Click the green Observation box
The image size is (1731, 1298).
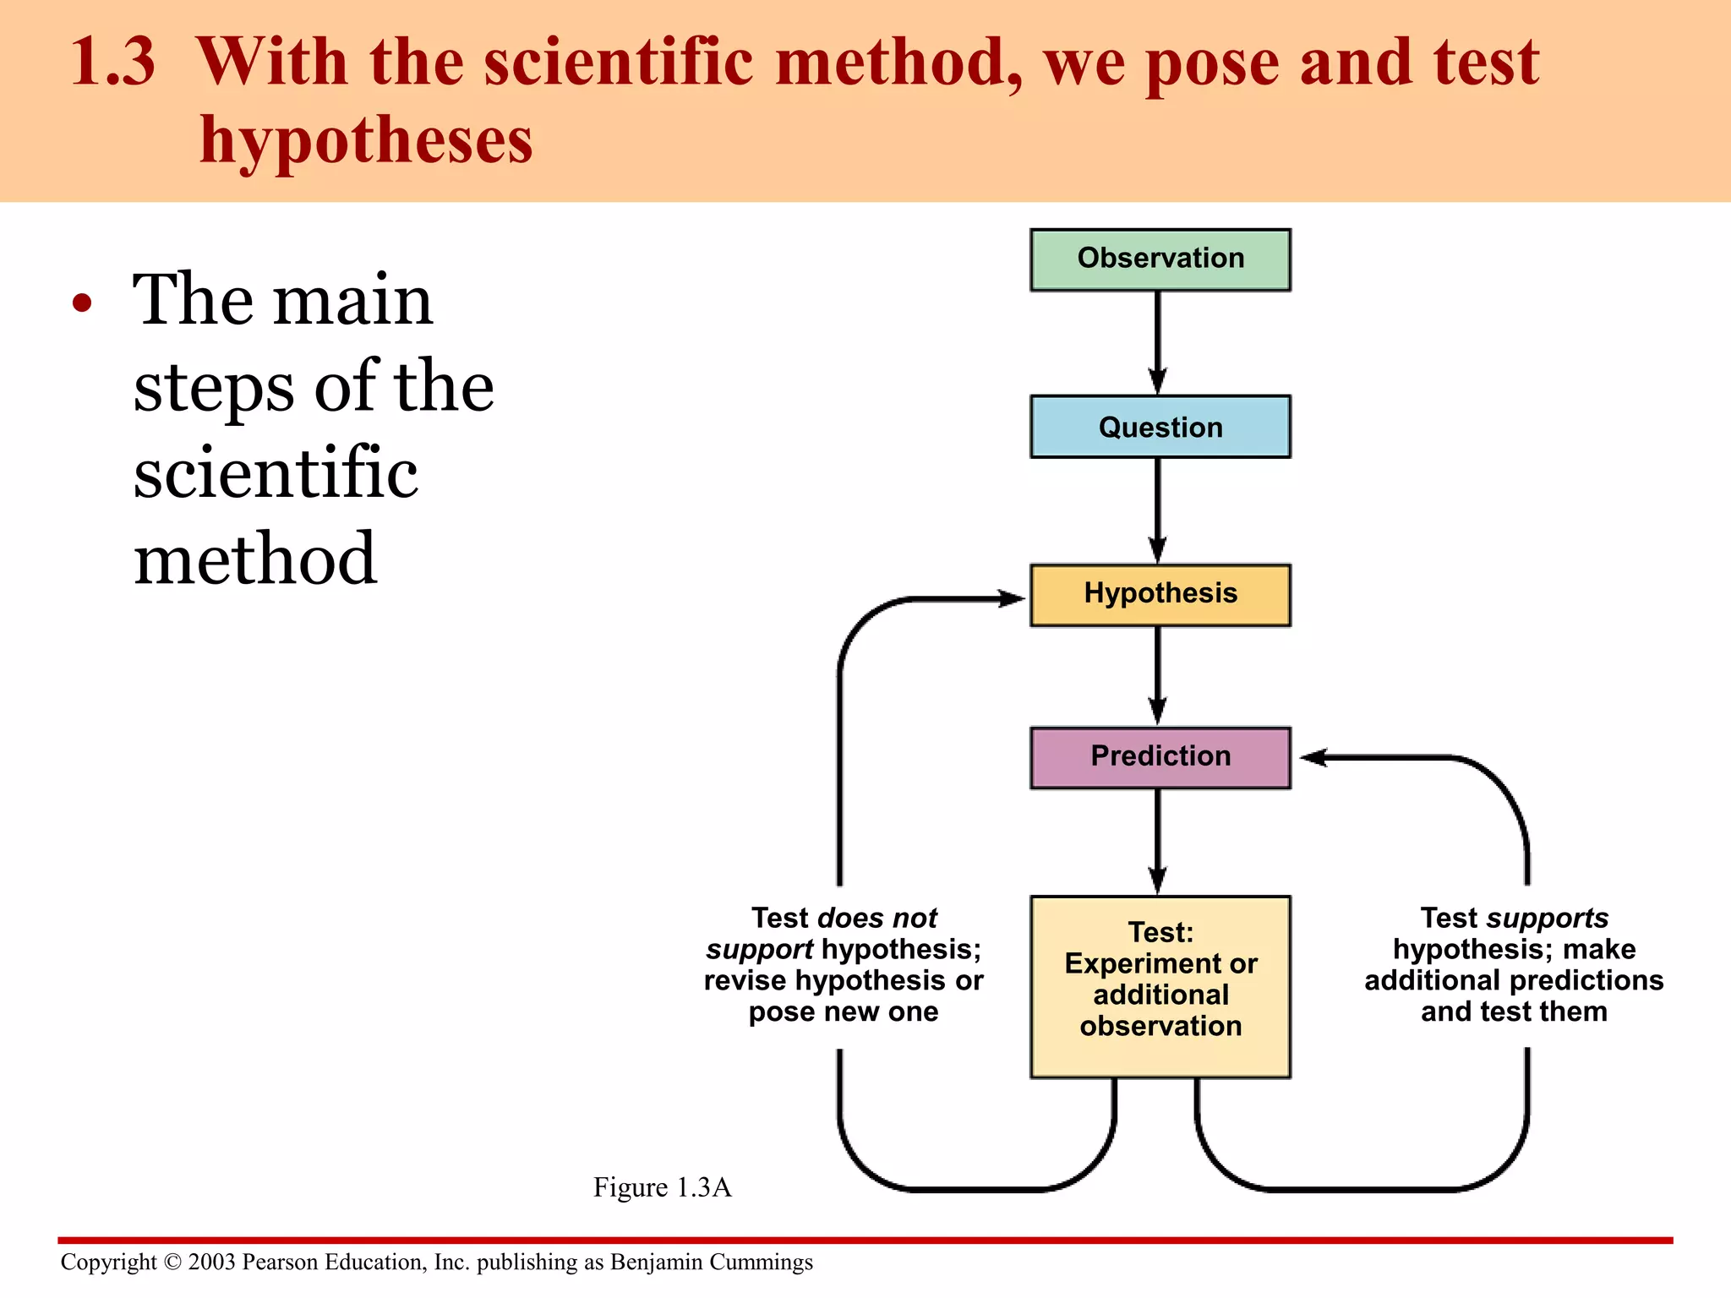coord(1160,259)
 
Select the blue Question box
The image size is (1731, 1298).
coord(1160,427)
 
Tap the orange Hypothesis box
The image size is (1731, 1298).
coord(1160,595)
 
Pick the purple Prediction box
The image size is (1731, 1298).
coord(1160,757)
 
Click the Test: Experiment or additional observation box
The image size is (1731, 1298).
coord(1160,986)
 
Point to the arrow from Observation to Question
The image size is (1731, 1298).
coord(1158,342)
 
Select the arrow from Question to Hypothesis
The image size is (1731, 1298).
coord(1158,510)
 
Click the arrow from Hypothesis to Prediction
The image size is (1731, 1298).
coord(1158,675)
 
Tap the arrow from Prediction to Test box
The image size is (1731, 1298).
coord(1158,842)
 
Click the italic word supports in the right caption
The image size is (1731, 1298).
coord(1547,918)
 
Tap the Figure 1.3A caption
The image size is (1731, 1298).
coord(662,1187)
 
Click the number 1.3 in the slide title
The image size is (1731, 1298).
coord(112,63)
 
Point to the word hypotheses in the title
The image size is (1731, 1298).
coord(366,140)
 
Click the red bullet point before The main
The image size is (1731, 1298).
coord(81,303)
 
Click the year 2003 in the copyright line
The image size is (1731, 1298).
coord(211,1262)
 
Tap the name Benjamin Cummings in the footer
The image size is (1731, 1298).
coord(711,1262)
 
